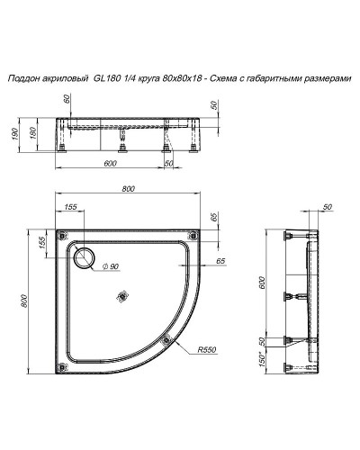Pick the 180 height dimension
[x=33, y=135]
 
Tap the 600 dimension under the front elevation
[x=110, y=163]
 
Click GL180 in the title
[x=106, y=79]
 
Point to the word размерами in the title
[x=327, y=79]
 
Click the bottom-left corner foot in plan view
[x=61, y=365]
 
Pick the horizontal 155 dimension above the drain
[x=71, y=207]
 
